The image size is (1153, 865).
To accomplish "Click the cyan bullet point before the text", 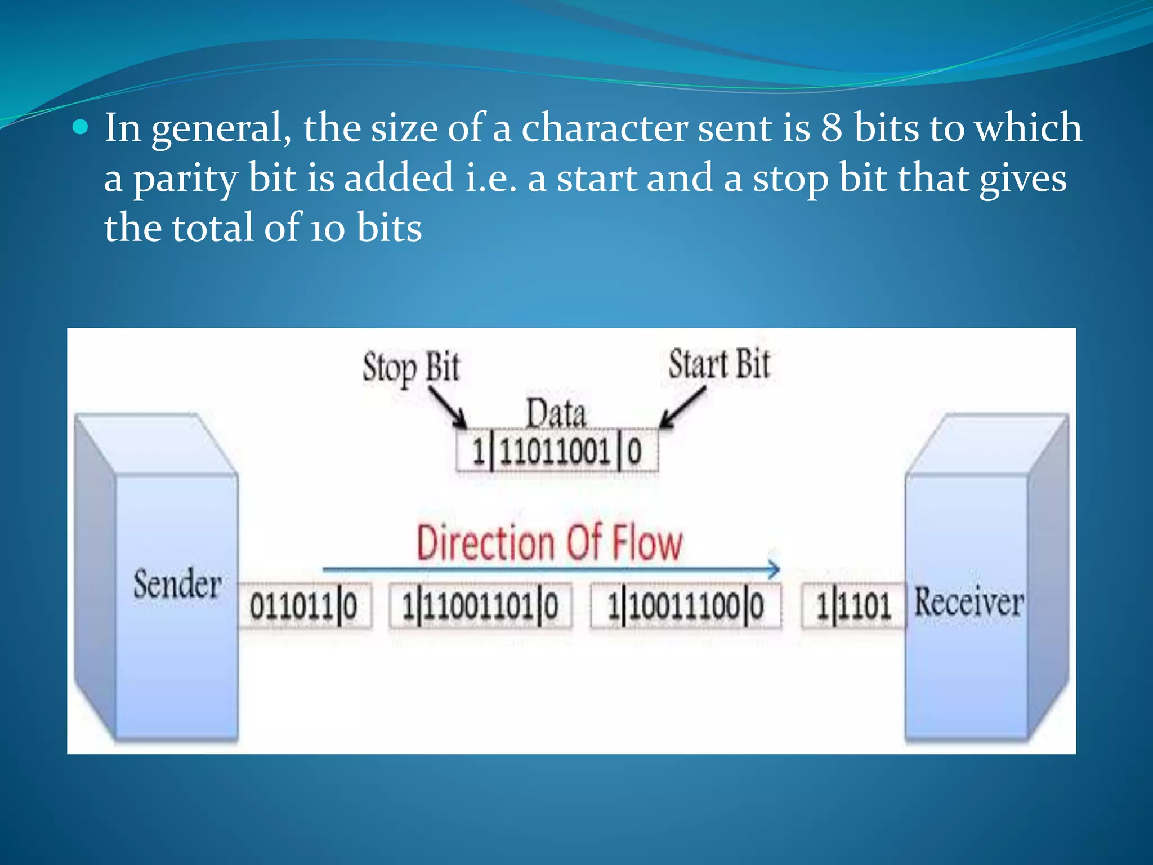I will click(81, 128).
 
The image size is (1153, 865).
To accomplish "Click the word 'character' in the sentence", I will click(604, 128).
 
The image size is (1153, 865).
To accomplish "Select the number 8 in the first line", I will click(831, 128).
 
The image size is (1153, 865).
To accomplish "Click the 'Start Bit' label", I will click(718, 364).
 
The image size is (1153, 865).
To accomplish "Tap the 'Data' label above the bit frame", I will click(556, 414).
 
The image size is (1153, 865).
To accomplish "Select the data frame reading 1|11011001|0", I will click(557, 452).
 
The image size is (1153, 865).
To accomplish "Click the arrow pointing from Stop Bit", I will click(449, 408).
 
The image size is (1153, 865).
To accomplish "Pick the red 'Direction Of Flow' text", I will click(549, 543).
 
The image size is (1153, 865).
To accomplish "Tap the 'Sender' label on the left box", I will click(177, 584).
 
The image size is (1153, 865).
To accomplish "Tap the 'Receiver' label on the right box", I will click(968, 602).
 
